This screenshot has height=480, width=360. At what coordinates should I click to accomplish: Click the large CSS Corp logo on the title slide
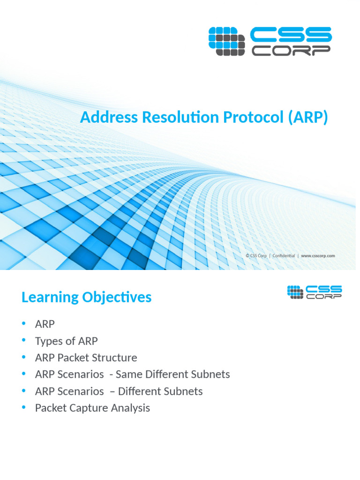tap(270, 41)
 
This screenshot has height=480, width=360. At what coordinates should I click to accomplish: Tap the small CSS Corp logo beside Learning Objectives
tap(314, 292)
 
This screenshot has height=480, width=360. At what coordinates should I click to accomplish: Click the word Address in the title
tap(103, 117)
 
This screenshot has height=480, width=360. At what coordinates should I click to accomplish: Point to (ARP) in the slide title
tap(306, 117)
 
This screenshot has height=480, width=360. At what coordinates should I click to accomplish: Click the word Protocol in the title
tap(244, 117)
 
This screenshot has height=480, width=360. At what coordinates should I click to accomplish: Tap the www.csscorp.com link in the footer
tap(318, 256)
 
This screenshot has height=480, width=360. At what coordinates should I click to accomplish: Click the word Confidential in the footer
tap(283, 256)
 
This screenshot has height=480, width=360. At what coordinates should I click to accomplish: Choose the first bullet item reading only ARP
tap(45, 324)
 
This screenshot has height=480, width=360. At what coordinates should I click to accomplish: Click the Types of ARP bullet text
tap(66, 341)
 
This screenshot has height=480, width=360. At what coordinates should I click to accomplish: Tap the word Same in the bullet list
tap(128, 375)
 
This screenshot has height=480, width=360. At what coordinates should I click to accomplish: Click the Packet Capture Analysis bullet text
tap(92, 408)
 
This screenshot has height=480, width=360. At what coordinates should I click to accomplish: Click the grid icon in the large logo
tap(226, 41)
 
